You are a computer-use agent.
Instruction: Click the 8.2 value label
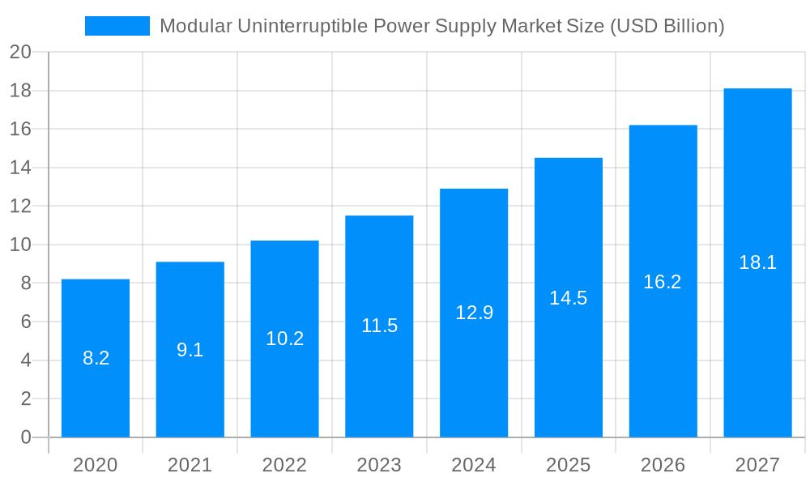click(96, 358)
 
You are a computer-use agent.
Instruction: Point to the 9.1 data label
click(190, 350)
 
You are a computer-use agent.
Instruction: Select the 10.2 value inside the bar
click(284, 339)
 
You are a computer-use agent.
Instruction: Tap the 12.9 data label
click(474, 313)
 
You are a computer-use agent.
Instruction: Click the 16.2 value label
click(663, 282)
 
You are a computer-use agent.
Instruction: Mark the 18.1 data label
click(757, 262)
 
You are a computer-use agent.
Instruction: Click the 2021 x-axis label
click(190, 465)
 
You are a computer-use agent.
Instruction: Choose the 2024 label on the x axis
click(474, 465)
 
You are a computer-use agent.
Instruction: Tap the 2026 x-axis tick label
click(663, 465)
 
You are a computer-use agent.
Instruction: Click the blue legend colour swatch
click(117, 26)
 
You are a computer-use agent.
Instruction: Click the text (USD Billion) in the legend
click(667, 26)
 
